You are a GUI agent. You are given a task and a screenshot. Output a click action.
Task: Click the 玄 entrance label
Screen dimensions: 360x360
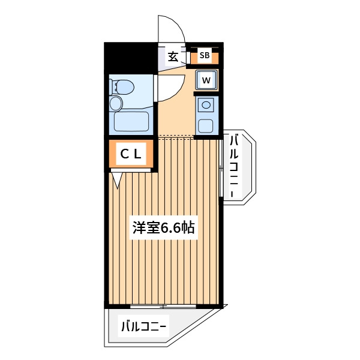tap(173, 57)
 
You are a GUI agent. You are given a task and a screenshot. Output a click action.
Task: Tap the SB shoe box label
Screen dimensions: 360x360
tap(205, 55)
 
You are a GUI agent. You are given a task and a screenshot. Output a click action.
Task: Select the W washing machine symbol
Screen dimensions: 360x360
tap(206, 80)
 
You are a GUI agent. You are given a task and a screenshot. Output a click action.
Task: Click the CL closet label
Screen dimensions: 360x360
tap(131, 154)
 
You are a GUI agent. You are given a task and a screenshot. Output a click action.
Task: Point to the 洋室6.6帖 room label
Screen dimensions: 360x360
tap(164, 227)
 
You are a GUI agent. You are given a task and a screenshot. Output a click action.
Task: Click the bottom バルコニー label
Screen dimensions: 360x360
tap(143, 326)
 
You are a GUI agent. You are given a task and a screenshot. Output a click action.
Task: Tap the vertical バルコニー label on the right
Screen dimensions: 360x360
tap(234, 166)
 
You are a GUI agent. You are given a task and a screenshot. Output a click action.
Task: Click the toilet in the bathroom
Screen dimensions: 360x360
tap(122, 87)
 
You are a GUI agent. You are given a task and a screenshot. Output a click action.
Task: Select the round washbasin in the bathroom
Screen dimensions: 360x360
tap(116, 104)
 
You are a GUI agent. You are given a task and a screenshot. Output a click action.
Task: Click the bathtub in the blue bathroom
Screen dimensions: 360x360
tap(131, 121)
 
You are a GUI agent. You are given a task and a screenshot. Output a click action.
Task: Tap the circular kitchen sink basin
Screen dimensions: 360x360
tap(206, 105)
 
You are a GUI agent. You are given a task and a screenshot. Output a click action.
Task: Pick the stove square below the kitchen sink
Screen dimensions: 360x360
tap(205, 126)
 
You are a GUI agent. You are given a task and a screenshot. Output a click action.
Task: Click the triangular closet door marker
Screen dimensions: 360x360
tap(118, 181)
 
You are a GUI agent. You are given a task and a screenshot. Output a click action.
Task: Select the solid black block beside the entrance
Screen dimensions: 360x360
tap(131, 58)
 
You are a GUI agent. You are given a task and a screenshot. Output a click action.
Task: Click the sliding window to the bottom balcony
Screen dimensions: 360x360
tap(163, 306)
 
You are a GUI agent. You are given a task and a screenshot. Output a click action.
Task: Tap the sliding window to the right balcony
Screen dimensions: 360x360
tap(221, 168)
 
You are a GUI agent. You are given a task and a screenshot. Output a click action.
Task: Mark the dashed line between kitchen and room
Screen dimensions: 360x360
tap(176, 137)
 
